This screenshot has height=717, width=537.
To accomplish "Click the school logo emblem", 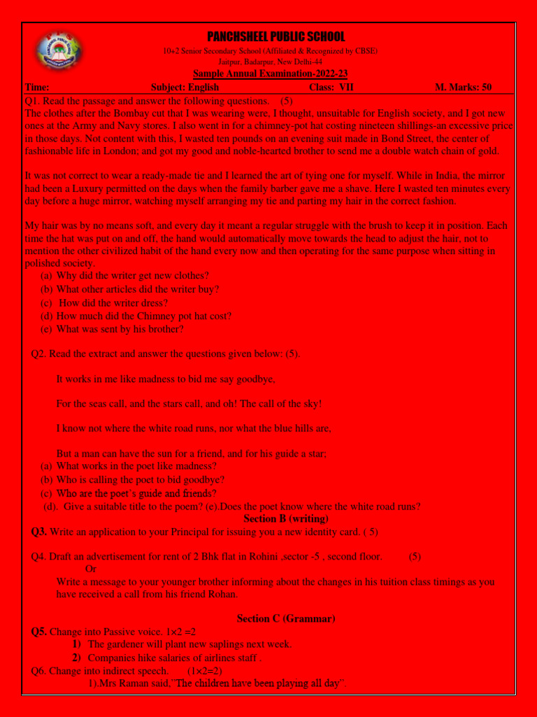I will (x=58, y=54).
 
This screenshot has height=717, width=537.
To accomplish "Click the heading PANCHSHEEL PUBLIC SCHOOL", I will (x=275, y=37).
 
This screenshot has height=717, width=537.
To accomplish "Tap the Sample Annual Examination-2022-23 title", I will (x=270, y=74).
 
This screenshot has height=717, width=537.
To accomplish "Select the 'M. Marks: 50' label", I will (x=463, y=88).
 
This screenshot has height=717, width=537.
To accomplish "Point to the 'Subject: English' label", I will (x=185, y=88).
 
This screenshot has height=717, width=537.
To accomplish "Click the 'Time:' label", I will (x=37, y=88).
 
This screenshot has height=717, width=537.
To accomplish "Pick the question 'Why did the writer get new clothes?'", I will (x=132, y=276).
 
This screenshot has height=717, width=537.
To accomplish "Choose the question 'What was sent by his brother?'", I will (x=120, y=329).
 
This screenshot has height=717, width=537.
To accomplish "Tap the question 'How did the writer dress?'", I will (x=113, y=303).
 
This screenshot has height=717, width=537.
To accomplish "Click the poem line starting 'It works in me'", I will (x=166, y=379).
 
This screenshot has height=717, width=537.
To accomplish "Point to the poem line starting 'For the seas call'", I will (x=189, y=404).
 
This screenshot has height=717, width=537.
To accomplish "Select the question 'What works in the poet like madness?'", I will (x=136, y=466).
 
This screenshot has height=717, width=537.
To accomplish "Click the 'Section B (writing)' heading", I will (x=286, y=519).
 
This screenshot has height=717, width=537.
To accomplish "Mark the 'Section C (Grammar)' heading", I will (x=286, y=618).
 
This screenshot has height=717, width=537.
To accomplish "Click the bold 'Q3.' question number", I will (x=39, y=532).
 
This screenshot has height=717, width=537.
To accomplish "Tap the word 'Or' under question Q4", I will (x=90, y=569).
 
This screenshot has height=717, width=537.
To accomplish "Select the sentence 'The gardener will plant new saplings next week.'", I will (x=189, y=644).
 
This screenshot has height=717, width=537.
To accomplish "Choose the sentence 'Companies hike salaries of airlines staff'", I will (x=174, y=658).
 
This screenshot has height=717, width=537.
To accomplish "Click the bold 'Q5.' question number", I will (x=39, y=632).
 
